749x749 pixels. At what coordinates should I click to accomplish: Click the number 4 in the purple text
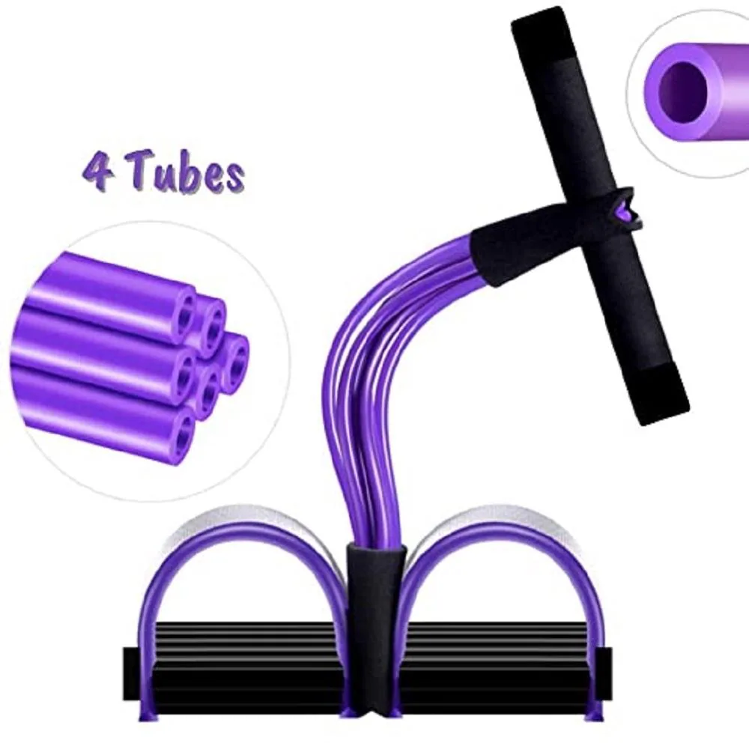tap(97, 171)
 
